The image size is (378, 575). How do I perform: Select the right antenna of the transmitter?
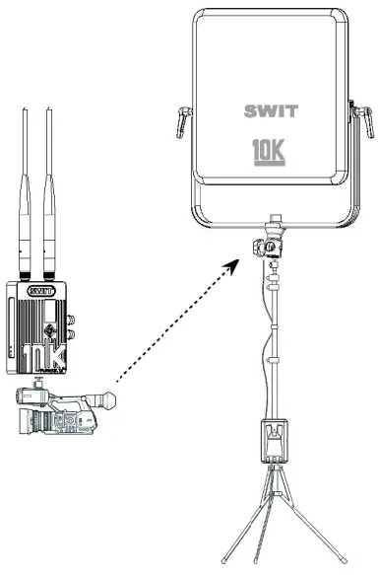click(x=49, y=187)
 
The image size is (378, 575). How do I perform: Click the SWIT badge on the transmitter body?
click(x=39, y=291)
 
